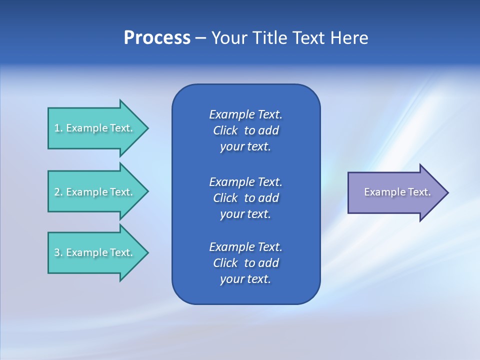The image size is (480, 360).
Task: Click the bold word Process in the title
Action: click(x=157, y=38)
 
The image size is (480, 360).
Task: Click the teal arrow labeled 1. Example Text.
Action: click(x=95, y=128)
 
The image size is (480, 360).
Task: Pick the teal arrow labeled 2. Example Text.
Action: click(x=95, y=192)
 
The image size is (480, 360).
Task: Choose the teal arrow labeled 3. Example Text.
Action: click(x=95, y=252)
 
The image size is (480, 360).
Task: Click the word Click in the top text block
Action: click(x=225, y=130)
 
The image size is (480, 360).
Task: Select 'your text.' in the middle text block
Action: click(x=245, y=214)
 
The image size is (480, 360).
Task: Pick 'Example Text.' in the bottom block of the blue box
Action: click(x=245, y=247)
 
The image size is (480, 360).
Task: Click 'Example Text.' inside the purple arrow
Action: click(x=397, y=192)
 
